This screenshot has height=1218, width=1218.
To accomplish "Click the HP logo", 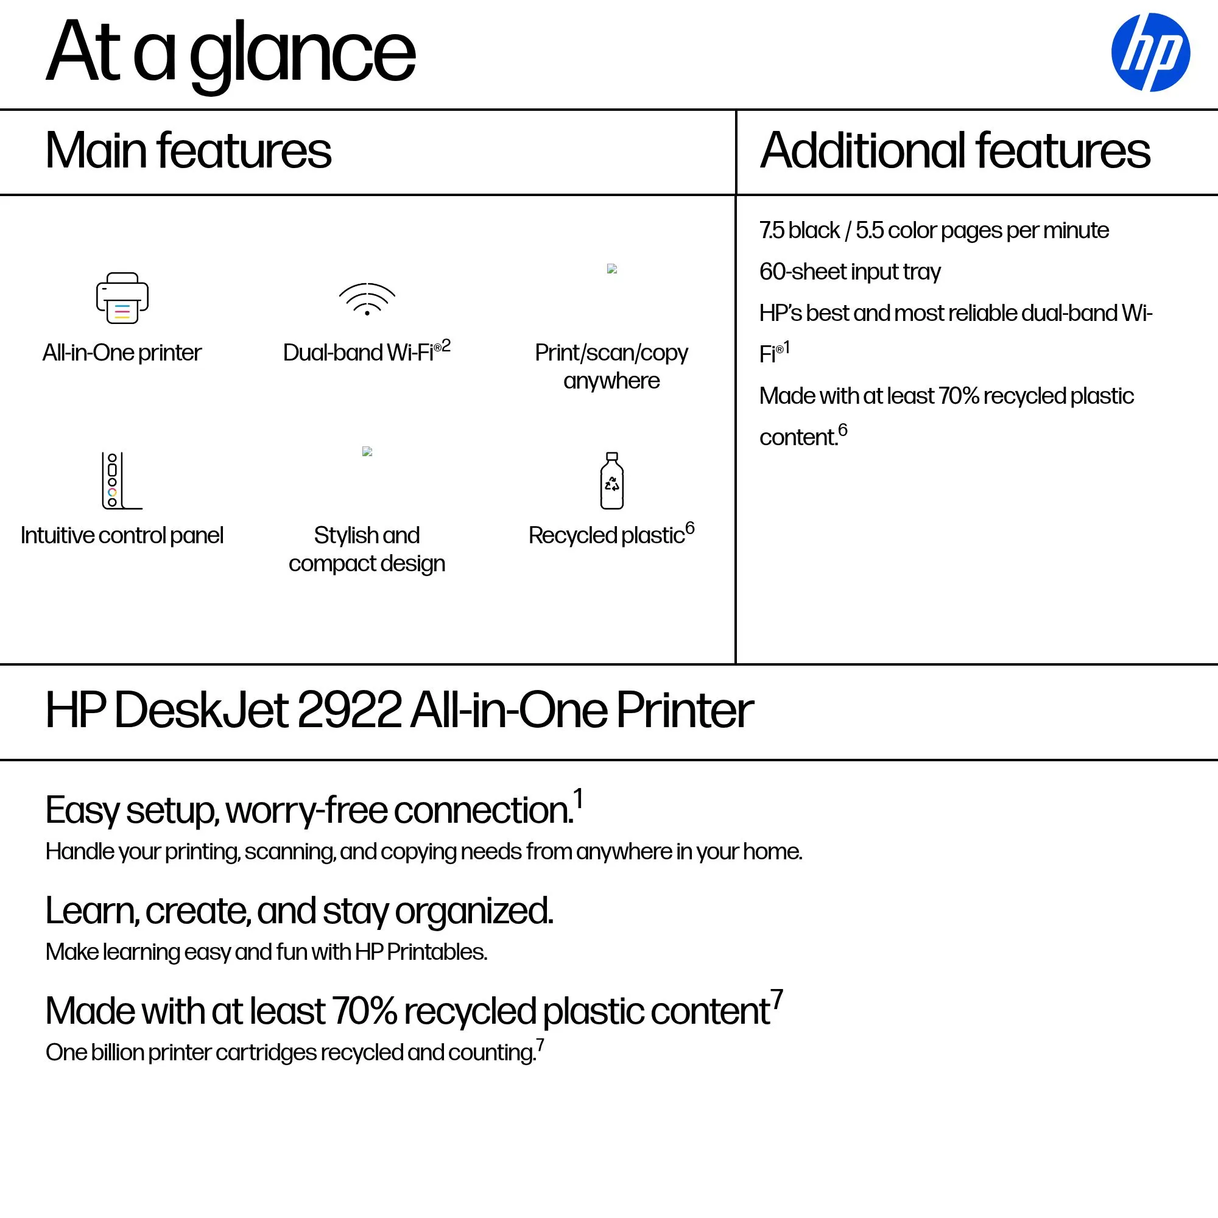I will coord(1150,52).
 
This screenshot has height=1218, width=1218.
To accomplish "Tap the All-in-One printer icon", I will coord(122,298).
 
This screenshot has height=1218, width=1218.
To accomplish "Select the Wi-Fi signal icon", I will coord(367,299).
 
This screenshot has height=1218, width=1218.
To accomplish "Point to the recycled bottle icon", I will coord(611,481).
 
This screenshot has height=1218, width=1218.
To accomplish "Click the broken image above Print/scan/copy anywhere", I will coord(611,269).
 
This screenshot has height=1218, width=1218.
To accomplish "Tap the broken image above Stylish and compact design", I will coord(367,451).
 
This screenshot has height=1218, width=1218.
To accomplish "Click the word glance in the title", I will coord(302,53).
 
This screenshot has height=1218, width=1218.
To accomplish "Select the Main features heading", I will coord(188,150).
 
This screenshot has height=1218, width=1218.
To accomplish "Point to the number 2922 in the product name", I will coord(348,710).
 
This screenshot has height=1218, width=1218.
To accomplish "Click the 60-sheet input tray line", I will coord(849,272).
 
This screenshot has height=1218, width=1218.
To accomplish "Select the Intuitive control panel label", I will coord(122,535).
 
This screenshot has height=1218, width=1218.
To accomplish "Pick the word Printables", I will coord(436,951).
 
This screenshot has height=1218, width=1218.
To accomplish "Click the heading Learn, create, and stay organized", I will coord(299,911).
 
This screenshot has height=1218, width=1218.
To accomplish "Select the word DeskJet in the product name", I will coord(201,710).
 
